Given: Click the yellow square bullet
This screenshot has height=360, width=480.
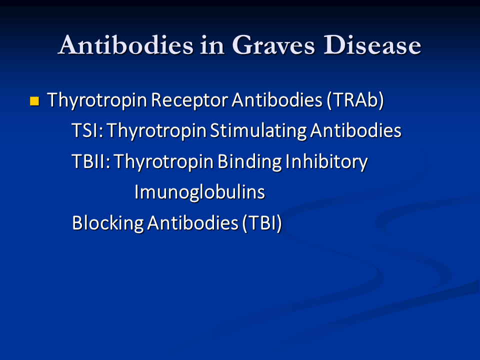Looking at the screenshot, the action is coord(34,101).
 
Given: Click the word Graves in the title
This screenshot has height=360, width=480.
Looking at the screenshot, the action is coord(273,45).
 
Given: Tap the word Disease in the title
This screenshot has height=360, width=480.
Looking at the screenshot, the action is coord(372,45).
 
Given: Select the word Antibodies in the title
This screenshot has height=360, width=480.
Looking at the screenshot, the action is coord(126,45).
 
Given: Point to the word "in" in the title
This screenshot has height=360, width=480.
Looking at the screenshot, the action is coord(212,45).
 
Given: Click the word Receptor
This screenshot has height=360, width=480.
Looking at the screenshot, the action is coord(189,100).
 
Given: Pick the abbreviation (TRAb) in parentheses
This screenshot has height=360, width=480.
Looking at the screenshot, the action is coord(355,100).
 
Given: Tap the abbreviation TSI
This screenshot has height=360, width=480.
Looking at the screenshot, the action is coord(85,130).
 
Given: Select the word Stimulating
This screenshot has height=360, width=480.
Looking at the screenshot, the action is coord(258,131).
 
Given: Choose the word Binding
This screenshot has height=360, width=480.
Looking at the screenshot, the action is coord(249,161).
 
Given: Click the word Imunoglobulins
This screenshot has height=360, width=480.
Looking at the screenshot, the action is coord(199,192).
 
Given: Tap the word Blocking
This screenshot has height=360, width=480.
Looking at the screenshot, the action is coord(108,223).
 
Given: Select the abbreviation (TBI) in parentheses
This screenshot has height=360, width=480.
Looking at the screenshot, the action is coord(261,223).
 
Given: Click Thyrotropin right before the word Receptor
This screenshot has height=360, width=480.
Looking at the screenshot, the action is coord(96,100).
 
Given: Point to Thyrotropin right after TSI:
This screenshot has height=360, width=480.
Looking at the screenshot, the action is coord(156,131).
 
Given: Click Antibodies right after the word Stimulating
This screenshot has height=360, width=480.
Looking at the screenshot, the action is coord(355,130).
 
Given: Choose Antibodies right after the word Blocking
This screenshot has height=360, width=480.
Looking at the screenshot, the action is coord(192,222).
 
